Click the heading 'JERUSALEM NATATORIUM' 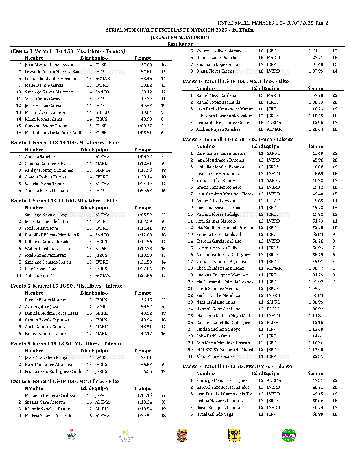[x=180, y=37]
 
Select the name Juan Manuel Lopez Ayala [x=49, y=65]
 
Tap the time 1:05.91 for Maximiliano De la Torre [x=145, y=133]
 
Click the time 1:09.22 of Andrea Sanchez [x=145, y=157]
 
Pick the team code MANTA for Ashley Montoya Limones [x=102, y=170]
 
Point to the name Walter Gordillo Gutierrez [x=49, y=249]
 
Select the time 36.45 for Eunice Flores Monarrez [x=146, y=300]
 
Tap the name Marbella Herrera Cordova [x=50, y=395]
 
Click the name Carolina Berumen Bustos [x=221, y=153]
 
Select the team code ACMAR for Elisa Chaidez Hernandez [x=274, y=268]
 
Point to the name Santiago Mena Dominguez [x=222, y=380]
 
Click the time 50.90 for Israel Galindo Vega [x=318, y=414]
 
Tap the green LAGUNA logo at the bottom [x=289, y=435]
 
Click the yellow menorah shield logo [x=234, y=435]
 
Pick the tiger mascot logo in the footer [x=182, y=435]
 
